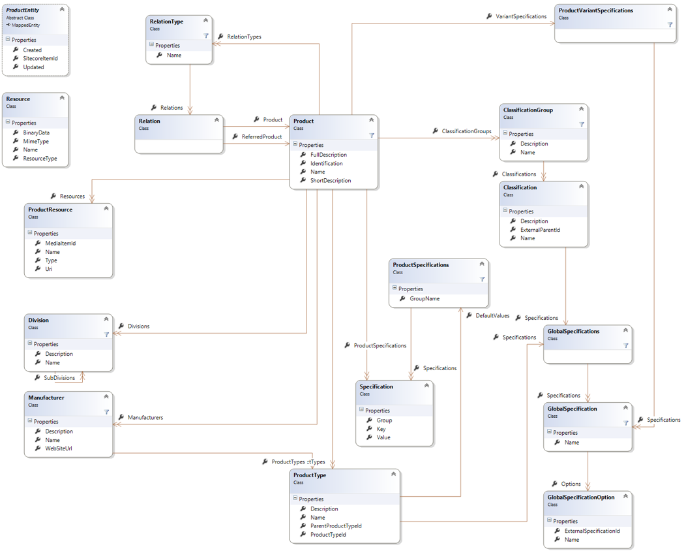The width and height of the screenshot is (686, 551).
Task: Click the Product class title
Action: [x=304, y=121]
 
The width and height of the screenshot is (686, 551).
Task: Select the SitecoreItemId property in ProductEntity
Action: [x=40, y=58]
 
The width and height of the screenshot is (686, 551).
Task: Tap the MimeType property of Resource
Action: [x=36, y=141]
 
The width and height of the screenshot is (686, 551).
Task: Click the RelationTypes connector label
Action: [x=244, y=37]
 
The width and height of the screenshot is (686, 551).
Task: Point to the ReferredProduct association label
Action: [x=261, y=136]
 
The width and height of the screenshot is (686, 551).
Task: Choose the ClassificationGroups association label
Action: [x=466, y=131]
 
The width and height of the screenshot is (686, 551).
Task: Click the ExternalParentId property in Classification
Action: [x=540, y=230]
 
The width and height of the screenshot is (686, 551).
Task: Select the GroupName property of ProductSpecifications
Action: [x=425, y=298]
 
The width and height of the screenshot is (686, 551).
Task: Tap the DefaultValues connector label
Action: [x=492, y=315]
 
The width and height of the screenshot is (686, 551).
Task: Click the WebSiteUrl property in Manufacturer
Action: [x=59, y=449]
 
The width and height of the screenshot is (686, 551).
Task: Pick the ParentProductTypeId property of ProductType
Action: [x=336, y=526]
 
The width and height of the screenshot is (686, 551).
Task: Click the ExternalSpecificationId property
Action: [x=592, y=531]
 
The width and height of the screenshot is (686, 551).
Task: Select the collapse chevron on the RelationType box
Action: [x=206, y=21]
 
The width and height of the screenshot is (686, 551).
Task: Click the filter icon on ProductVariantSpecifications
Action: [x=670, y=25]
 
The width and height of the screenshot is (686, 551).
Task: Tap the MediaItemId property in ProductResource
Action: [x=61, y=243]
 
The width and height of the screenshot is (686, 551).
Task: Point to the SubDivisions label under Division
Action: [x=59, y=377]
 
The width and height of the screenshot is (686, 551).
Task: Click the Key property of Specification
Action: [x=381, y=429]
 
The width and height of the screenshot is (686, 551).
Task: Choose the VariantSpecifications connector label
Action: [x=521, y=16]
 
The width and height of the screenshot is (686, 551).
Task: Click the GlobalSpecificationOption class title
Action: [x=580, y=497]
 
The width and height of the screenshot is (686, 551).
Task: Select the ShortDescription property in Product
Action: [x=331, y=180]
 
